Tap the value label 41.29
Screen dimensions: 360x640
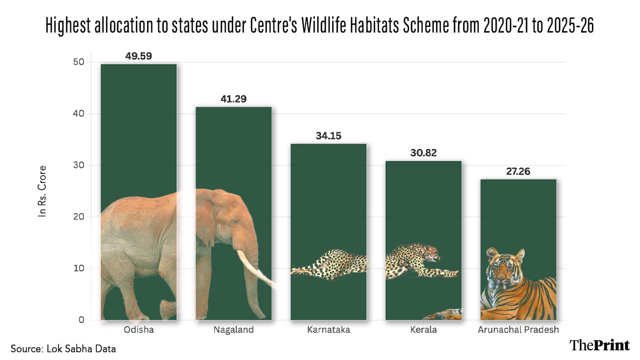click(234, 99)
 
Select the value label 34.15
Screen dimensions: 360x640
click(329, 135)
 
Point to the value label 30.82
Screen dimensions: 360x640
click(423, 153)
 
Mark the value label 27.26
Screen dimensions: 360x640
click(518, 171)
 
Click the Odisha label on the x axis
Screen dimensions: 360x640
click(139, 330)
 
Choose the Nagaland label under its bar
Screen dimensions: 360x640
click(234, 330)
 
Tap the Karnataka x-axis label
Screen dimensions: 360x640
click(329, 330)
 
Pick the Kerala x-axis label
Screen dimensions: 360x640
click(423, 330)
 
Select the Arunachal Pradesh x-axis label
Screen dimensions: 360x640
click(518, 330)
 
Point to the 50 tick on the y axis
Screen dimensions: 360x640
click(78, 62)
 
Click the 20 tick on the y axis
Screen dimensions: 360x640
click(78, 217)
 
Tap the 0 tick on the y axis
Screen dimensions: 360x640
click(81, 320)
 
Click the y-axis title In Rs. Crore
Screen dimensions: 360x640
click(43, 190)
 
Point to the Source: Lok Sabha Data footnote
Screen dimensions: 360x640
click(63, 349)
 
